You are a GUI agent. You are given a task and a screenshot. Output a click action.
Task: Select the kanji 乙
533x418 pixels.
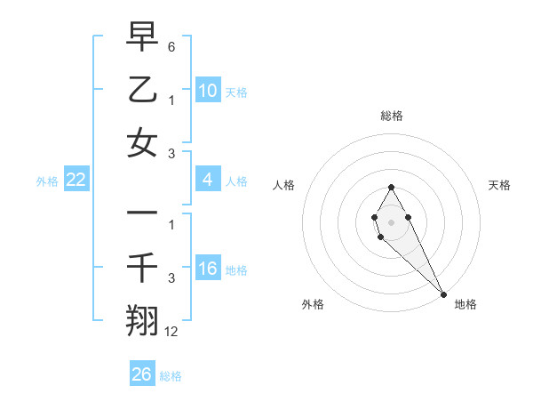[142, 90]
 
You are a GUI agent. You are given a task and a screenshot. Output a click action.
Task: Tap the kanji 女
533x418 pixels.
[142, 144]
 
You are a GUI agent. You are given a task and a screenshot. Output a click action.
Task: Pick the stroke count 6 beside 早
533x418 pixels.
[171, 45]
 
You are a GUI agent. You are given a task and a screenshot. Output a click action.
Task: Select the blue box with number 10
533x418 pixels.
[207, 91]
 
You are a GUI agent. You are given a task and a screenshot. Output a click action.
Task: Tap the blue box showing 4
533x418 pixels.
[207, 180]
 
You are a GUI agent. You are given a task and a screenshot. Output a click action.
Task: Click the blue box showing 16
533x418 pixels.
[207, 269]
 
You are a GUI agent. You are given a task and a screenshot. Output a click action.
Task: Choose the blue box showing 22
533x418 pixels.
[76, 181]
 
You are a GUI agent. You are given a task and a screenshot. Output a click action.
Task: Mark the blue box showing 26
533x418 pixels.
[142, 374]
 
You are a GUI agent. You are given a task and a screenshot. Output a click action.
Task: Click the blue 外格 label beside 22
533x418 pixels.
[47, 181]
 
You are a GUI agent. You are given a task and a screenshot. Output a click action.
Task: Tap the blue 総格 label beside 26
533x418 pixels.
[171, 375]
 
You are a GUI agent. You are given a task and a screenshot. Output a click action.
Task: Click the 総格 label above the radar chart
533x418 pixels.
[391, 116]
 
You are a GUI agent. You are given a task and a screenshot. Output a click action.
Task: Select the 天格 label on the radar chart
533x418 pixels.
[499, 185]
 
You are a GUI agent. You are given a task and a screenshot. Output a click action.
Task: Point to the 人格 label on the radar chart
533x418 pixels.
[283, 185]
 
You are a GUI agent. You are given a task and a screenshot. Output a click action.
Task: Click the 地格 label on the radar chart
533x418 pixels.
[465, 304]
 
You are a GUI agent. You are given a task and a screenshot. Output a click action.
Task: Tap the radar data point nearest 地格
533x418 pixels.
[443, 294]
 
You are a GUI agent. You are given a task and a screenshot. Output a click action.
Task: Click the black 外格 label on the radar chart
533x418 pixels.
[313, 304]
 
